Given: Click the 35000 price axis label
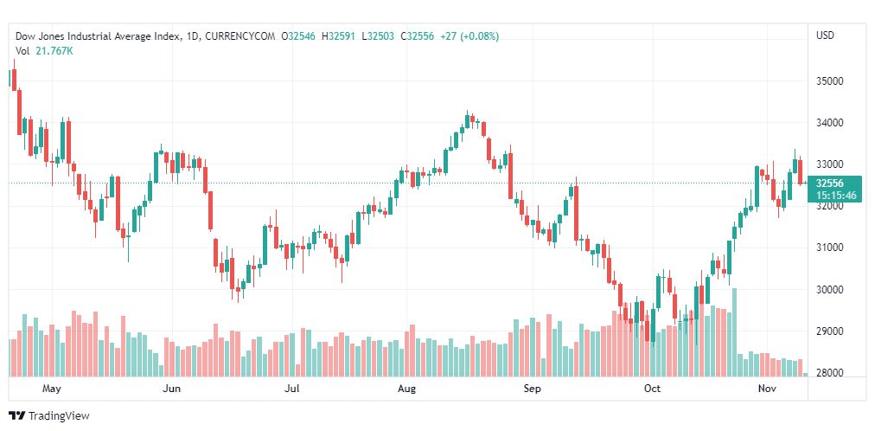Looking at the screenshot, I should pyautogui.click(x=831, y=81).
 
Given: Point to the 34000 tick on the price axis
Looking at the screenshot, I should pyautogui.click(x=831, y=123).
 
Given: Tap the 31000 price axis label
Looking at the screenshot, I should pyautogui.click(x=831, y=248).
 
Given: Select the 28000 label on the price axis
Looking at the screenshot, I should pyautogui.click(x=831, y=373).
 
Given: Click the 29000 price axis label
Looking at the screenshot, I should pyautogui.click(x=831, y=331).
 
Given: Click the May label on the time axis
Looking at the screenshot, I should pyautogui.click(x=52, y=389).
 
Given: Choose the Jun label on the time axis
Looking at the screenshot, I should pyautogui.click(x=171, y=389).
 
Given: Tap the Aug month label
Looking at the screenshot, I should pyautogui.click(x=406, y=389).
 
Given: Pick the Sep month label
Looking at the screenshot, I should pyautogui.click(x=533, y=389).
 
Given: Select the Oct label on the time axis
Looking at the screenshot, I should pyautogui.click(x=653, y=389).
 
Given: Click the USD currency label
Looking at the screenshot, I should pyautogui.click(x=825, y=35).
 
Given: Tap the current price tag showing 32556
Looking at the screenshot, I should pyautogui.click(x=829, y=183).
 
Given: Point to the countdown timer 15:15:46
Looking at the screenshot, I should pyautogui.click(x=834, y=196).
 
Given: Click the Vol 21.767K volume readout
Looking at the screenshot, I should pyautogui.click(x=44, y=51).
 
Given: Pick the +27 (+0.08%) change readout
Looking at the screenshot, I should pyautogui.click(x=469, y=36).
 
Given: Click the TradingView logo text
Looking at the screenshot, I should pyautogui.click(x=58, y=416).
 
